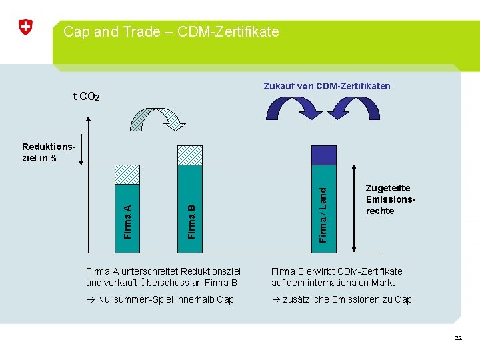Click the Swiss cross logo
point(25,27)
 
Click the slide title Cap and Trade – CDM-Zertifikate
point(171,31)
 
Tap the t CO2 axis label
point(86,97)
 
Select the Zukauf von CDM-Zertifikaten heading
point(327,86)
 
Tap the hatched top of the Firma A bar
point(127,175)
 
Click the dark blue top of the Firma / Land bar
point(324,155)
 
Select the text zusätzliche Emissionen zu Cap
point(346,299)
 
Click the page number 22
point(458,338)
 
